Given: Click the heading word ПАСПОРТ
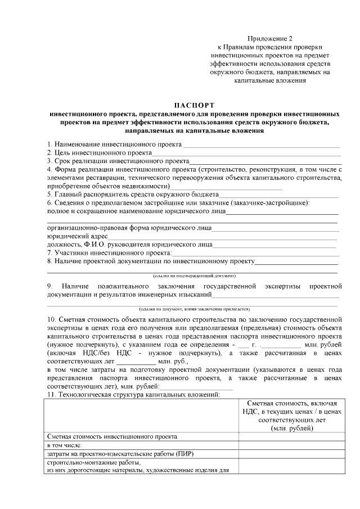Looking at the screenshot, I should pyautogui.click(x=194, y=105).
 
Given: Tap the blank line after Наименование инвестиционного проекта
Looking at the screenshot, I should pyautogui.click(x=262, y=145).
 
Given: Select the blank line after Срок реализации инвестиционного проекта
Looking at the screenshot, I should pyautogui.click(x=265, y=161).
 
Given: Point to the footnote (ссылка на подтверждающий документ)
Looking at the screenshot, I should pyautogui.click(x=194, y=276).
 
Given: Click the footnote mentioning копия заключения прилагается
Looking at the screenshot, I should pyautogui.click(x=194, y=309).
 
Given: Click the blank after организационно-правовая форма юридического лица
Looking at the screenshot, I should pyautogui.click(x=275, y=229).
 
